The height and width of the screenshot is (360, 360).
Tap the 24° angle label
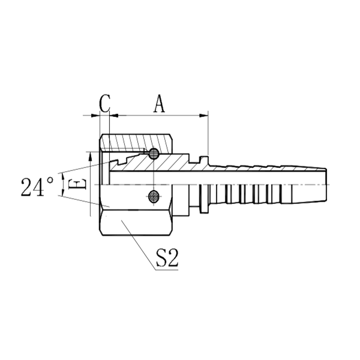tap(37, 187)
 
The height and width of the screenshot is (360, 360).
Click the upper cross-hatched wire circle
tap(154, 154)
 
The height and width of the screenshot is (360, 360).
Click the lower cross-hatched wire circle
tap(154, 196)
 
